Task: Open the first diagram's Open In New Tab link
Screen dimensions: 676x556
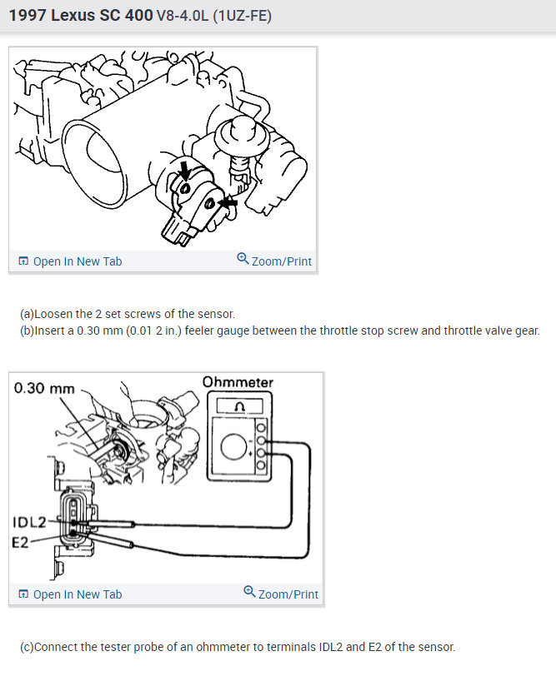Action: pos(77,261)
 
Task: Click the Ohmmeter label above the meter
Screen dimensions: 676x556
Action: pos(238,382)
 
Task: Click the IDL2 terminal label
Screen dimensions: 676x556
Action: pos(28,522)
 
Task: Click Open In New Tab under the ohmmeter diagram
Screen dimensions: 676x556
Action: pos(77,594)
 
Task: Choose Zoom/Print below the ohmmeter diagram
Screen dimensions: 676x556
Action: pos(288,594)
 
